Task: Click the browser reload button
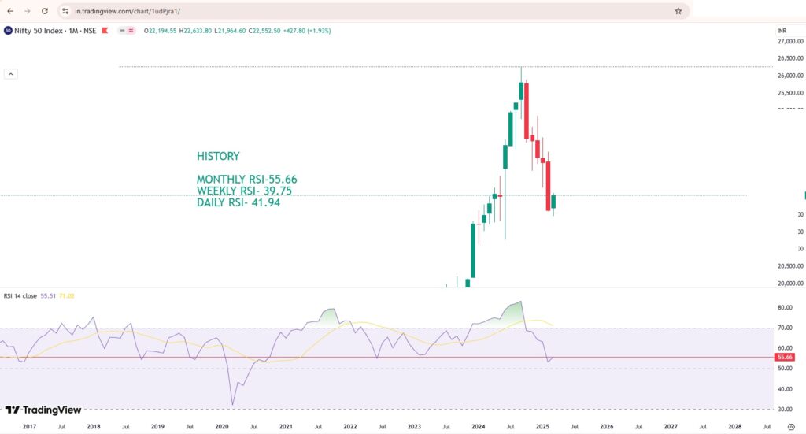tap(44, 11)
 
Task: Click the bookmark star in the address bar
tap(678, 11)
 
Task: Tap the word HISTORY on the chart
tap(218, 156)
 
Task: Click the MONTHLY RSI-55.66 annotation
tap(246, 180)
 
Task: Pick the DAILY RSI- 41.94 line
tap(238, 203)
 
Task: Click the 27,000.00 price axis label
tap(789, 42)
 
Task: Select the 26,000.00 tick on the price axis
tap(789, 76)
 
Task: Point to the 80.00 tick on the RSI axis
tap(785, 307)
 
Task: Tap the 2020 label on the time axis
tap(222, 426)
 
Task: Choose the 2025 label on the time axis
tap(542, 426)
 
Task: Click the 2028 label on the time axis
tap(734, 426)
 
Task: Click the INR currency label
tap(782, 30)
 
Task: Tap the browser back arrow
tap(9, 11)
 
